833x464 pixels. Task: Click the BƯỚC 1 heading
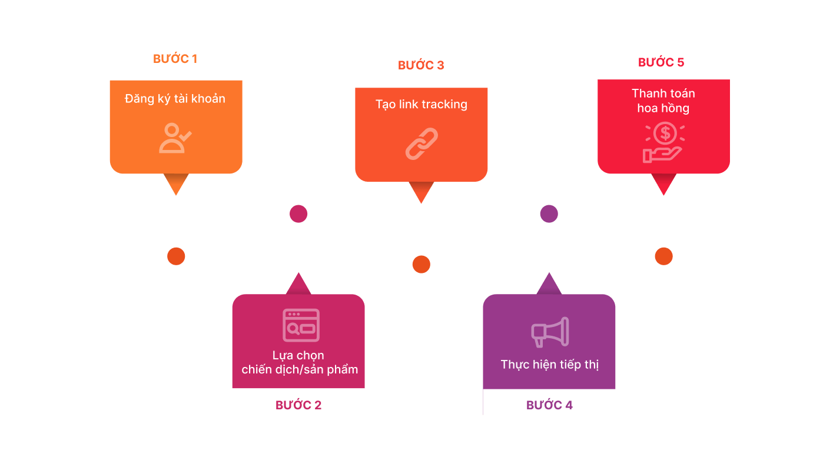175,59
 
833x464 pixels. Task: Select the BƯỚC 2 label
298,405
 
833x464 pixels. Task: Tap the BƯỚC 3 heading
421,65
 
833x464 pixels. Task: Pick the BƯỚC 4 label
549,405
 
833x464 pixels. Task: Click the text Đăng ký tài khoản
175,98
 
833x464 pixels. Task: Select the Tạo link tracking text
422,105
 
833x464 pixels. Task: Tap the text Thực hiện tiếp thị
549,365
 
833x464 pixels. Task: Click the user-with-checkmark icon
175,138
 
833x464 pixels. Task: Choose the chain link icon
422,144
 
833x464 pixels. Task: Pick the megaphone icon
550,332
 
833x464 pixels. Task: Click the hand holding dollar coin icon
663,142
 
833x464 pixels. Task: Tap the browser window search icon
301,325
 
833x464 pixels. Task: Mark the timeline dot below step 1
176,256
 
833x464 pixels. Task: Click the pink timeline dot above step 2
298,213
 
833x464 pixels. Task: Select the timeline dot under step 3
421,265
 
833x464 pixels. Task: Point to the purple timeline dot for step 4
549,213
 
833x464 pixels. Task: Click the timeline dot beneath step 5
663,256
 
